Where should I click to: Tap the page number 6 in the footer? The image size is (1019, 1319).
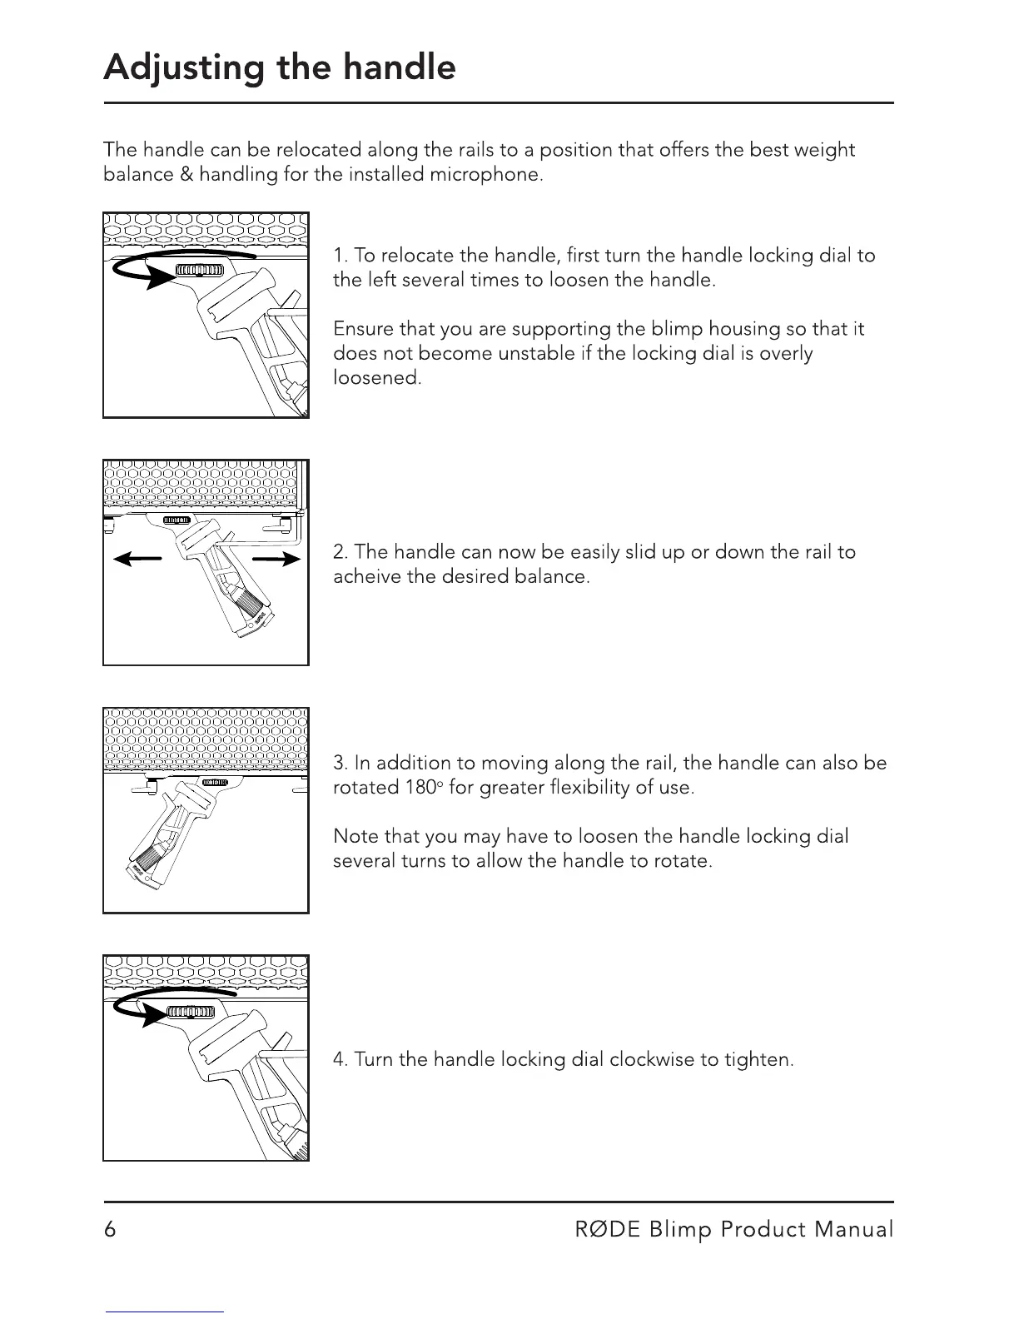coord(110,1230)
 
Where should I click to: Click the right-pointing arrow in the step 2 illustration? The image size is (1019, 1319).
coord(278,560)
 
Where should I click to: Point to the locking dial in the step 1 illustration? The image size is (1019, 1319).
coord(200,270)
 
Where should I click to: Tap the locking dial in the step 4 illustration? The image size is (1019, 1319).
coord(191,1012)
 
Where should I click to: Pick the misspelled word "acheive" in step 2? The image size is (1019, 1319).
coord(367,576)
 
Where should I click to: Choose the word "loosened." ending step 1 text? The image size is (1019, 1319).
coord(377,378)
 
